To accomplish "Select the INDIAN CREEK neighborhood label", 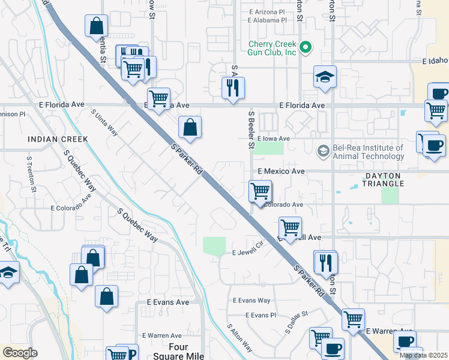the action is click(58, 139).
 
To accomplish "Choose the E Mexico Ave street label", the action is click(281, 171).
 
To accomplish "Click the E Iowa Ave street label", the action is click(276, 138).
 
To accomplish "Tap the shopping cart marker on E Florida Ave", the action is click(158, 98).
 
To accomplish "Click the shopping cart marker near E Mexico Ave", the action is click(260, 191).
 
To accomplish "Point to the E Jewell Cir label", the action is click(249, 252).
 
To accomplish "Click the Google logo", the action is click(20, 353).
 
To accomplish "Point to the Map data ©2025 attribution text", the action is click(423, 355).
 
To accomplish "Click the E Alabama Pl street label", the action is click(267, 20).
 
